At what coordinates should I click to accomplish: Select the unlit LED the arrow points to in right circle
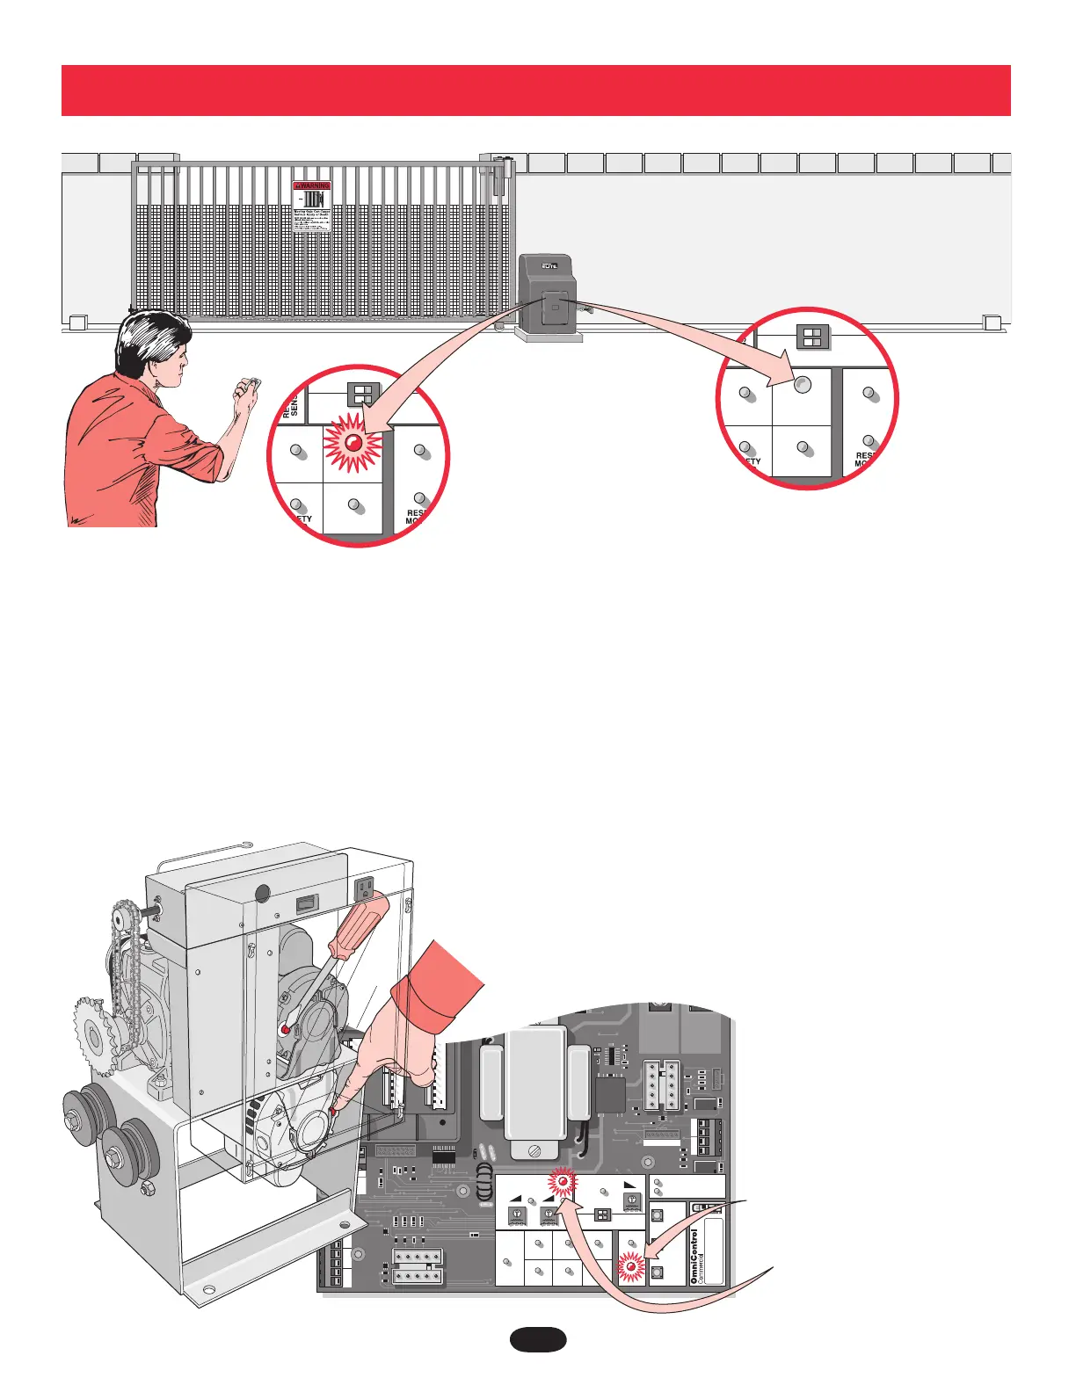tap(802, 384)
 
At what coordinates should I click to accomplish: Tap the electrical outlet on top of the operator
tap(366, 888)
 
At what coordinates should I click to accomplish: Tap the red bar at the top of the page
tap(536, 90)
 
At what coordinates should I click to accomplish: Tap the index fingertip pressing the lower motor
tap(338, 1110)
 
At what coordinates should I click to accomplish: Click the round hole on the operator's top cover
tap(261, 893)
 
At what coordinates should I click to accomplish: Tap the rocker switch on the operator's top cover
tap(306, 901)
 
